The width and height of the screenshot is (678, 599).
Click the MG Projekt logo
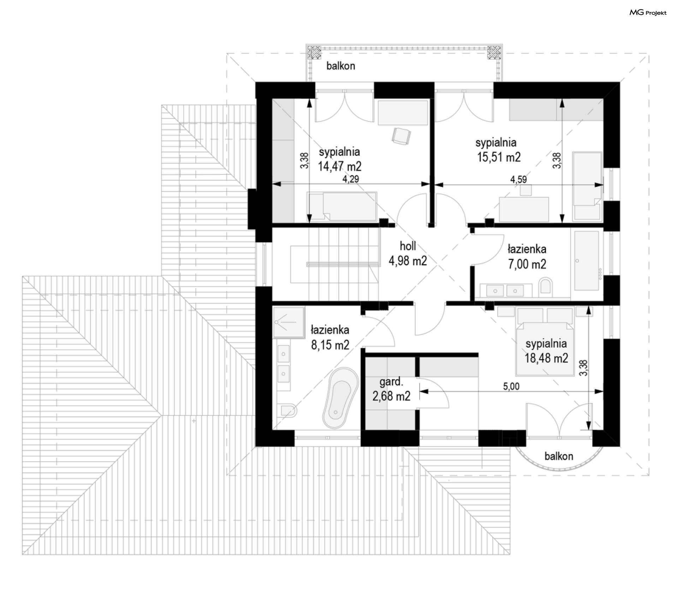click(x=648, y=13)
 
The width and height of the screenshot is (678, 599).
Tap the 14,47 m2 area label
click(x=340, y=166)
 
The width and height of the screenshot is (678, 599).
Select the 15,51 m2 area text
click(x=499, y=157)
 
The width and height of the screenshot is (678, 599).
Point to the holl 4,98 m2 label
click(x=408, y=253)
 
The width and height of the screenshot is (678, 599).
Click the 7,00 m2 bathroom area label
click(x=527, y=264)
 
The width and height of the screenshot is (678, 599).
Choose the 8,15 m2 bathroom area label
click(x=330, y=345)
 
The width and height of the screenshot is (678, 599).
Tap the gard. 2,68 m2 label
click(x=391, y=389)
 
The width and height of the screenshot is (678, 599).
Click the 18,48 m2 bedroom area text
click(x=546, y=358)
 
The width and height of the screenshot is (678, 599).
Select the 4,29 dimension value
click(x=351, y=179)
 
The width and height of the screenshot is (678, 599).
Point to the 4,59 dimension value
click(x=518, y=179)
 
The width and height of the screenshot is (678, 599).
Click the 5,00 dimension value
click(x=511, y=386)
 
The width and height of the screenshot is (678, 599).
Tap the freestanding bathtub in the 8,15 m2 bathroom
click(x=340, y=398)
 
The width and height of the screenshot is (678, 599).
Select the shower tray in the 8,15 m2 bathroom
click(x=289, y=323)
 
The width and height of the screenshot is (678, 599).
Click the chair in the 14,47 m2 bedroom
click(x=402, y=136)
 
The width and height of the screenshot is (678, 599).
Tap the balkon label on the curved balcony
click(x=559, y=456)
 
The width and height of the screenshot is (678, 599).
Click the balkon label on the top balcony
click(x=341, y=66)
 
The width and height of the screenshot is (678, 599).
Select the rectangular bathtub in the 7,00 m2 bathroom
click(x=587, y=261)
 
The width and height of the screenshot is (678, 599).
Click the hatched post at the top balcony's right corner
click(x=494, y=52)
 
